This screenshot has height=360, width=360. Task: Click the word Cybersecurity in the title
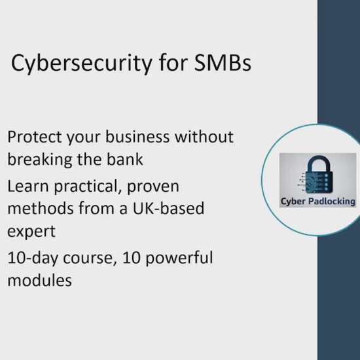[x=82, y=63]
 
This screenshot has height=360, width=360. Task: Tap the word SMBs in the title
[x=223, y=62]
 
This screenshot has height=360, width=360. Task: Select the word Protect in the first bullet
[x=35, y=137]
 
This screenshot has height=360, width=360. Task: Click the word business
[x=137, y=137]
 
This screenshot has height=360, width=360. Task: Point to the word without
[x=204, y=137]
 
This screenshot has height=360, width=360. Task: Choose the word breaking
[x=40, y=160]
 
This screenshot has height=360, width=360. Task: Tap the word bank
[x=125, y=159]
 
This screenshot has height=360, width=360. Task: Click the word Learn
[x=28, y=186]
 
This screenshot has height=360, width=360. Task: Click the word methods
[x=41, y=208]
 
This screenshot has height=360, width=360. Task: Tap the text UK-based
[x=168, y=208]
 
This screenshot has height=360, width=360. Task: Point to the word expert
[x=31, y=232]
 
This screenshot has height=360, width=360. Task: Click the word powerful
[x=179, y=258]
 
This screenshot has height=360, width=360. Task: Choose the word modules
[x=40, y=280]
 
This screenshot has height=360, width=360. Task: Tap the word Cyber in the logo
[x=293, y=202]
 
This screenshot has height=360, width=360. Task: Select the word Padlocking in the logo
[x=332, y=202]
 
